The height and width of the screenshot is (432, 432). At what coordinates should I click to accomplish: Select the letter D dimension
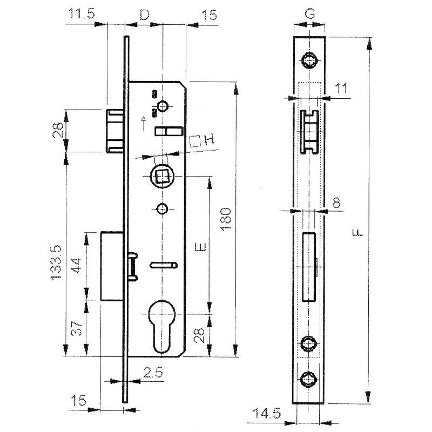pos(144,15)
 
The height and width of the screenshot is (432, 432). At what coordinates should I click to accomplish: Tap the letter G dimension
pos(309,15)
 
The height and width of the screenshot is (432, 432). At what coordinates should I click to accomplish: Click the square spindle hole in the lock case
pos(161,176)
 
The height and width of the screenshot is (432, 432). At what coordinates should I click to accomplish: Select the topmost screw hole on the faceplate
pos(310,60)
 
